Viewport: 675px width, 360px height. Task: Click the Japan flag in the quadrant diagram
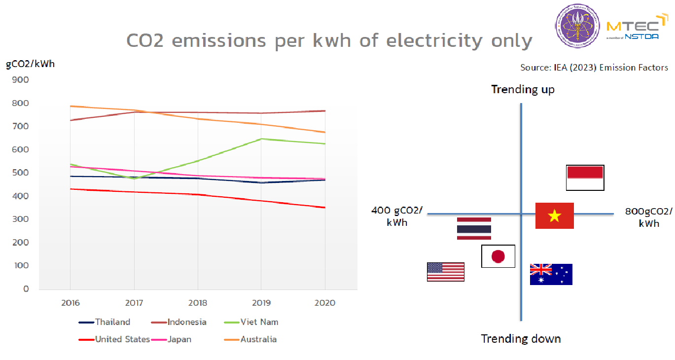(x=498, y=256)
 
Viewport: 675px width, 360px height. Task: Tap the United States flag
(x=446, y=272)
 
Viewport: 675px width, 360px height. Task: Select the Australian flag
(x=551, y=274)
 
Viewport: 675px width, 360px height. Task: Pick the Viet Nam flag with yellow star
(x=555, y=216)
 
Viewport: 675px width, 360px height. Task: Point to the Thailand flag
(x=474, y=228)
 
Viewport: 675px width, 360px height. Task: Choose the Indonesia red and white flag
(x=585, y=178)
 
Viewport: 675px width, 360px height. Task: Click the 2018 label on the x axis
(x=198, y=303)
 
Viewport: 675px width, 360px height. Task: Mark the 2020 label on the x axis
(x=325, y=303)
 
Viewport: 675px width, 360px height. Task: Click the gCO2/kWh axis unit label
(x=31, y=63)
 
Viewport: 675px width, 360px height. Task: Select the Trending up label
(x=523, y=89)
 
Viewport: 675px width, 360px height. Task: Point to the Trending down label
(x=521, y=339)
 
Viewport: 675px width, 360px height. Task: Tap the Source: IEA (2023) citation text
(x=594, y=68)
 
